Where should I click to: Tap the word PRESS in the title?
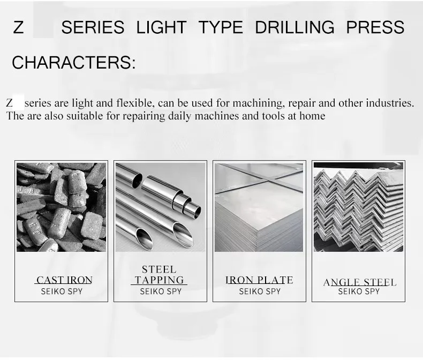375,27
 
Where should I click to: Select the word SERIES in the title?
93,27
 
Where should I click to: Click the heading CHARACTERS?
74,63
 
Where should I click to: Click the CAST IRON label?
64,280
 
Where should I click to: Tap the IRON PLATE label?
259,280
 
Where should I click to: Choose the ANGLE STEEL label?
360,282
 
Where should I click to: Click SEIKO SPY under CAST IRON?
62,292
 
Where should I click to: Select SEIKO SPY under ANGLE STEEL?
359,292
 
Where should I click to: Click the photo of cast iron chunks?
61,207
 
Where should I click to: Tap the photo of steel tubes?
160,207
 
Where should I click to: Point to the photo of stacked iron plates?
259,207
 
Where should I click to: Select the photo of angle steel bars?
358,207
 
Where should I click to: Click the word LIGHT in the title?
161,27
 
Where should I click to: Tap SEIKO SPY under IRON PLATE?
260,292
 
